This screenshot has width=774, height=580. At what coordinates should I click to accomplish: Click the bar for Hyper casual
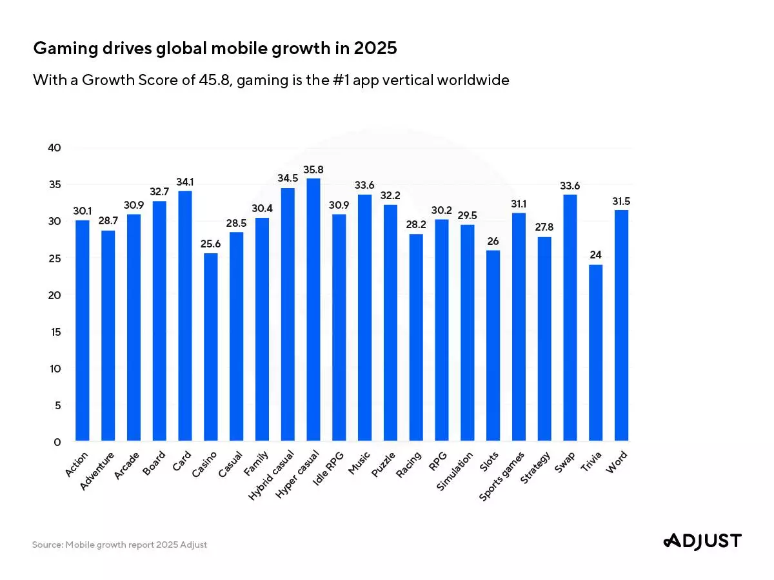(x=313, y=309)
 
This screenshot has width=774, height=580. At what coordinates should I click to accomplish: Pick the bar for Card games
(x=185, y=316)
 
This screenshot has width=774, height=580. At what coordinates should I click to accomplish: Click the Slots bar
(x=493, y=345)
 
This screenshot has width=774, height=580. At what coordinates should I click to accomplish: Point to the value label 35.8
(x=313, y=170)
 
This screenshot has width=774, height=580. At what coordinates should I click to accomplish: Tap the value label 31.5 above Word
(x=621, y=202)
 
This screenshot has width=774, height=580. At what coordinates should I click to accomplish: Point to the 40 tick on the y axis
(x=55, y=148)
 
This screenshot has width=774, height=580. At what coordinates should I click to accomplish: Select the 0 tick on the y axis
(x=57, y=442)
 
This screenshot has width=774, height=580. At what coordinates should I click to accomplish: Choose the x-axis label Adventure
(x=98, y=471)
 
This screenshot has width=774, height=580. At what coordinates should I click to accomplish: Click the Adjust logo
(x=702, y=541)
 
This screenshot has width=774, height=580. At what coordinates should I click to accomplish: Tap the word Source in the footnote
(x=46, y=545)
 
